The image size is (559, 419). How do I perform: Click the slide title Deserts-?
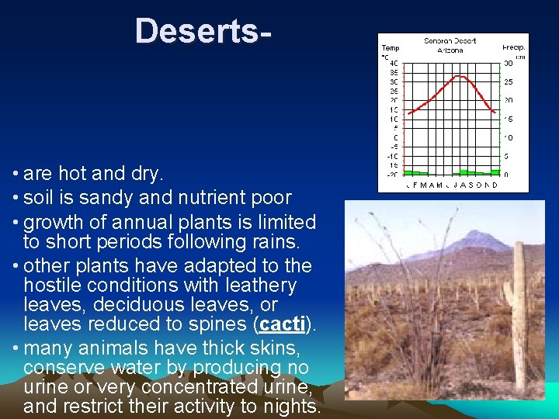point(203,32)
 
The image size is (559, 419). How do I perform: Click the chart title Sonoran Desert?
point(450,41)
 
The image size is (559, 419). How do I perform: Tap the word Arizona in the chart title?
point(450,50)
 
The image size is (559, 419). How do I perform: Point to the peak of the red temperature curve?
point(461,76)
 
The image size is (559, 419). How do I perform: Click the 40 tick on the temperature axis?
point(394,63)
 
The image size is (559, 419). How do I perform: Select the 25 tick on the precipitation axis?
point(509,81)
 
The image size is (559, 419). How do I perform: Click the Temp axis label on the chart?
point(390,47)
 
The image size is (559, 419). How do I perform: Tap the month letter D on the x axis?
point(495,185)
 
